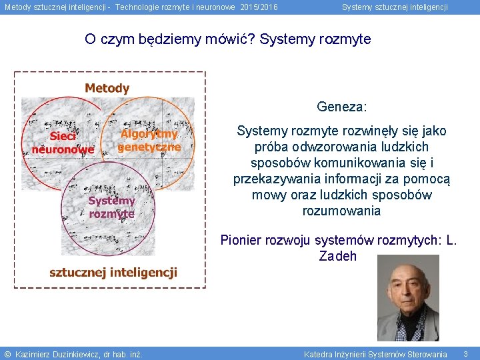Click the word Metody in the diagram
pos(107,88)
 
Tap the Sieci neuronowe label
pos(63,143)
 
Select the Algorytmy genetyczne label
pos(149,140)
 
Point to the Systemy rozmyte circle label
pos(112,207)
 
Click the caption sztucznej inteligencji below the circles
pos(113,272)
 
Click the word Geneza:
pos(342,107)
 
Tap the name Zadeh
pos(338,256)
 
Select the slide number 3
pos(465,354)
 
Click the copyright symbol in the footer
pos(7,354)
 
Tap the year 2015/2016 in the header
pos(259,7)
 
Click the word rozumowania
pos(341,211)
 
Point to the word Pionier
pos(242,240)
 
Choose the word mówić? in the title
pos(229,39)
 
